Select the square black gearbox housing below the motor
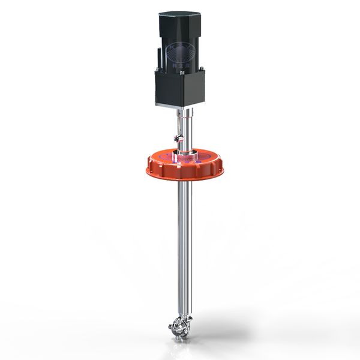click(x=180, y=87)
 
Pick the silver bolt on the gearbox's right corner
click(x=202, y=72)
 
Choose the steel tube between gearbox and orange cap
click(x=188, y=129)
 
